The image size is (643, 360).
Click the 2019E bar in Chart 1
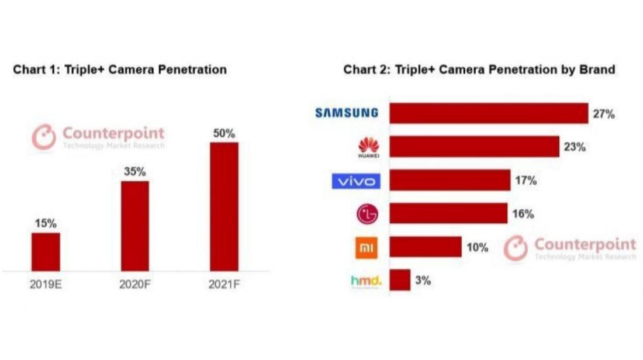46,251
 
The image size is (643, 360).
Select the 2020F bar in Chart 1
134,226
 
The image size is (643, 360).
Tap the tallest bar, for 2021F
224,206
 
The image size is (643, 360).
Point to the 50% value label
224,133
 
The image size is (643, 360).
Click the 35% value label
134,172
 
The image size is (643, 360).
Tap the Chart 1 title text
120,70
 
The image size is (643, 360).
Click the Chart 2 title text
479,70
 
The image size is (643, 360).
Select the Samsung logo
347,113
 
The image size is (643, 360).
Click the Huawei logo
368,147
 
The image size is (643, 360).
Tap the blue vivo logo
356,181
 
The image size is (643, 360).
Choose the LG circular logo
368,214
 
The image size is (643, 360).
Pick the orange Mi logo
367,248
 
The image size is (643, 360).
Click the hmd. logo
366,281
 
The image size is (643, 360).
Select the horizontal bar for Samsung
489,113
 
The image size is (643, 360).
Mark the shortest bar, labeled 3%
400,281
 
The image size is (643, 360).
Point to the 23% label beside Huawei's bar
574,147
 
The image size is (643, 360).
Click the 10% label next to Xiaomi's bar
477,248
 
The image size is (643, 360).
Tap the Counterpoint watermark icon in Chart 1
43,137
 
